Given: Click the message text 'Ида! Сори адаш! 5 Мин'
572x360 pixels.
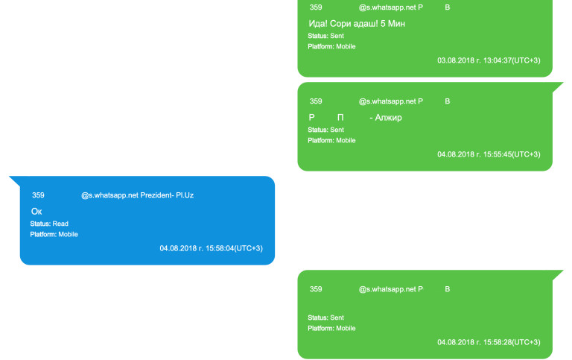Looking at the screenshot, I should coord(357,24).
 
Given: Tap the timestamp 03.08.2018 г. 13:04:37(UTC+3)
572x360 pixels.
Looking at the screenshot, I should coord(489,60).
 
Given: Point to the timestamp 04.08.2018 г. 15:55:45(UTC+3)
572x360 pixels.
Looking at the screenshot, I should coord(489,154).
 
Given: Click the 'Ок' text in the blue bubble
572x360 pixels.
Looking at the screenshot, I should coord(36,212).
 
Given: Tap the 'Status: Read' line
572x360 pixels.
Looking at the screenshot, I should coord(49,224).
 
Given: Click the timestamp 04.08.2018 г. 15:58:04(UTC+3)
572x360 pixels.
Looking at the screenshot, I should coord(211,248).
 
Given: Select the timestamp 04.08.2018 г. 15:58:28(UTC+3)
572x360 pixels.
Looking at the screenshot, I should coord(489,342).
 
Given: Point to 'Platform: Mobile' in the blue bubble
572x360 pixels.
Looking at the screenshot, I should coord(54,234).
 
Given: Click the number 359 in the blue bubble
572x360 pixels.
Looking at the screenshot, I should coord(38,195).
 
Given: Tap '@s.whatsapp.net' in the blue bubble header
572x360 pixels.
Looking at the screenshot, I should coord(109,195).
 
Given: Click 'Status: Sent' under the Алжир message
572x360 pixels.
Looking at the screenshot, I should coord(326,130).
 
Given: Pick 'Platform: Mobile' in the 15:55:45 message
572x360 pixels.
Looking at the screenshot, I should coord(331,140).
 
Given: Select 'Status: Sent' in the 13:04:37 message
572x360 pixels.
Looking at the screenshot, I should coord(326,36).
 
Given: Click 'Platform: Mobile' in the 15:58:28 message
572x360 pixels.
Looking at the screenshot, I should coord(331,328).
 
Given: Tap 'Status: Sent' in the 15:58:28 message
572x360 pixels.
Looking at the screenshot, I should coord(326,318).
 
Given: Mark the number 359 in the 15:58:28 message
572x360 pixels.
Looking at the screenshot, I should coord(316,289).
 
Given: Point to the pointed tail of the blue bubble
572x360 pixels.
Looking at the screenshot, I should coord(13,180).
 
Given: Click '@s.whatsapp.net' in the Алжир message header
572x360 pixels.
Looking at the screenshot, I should coord(387,101).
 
